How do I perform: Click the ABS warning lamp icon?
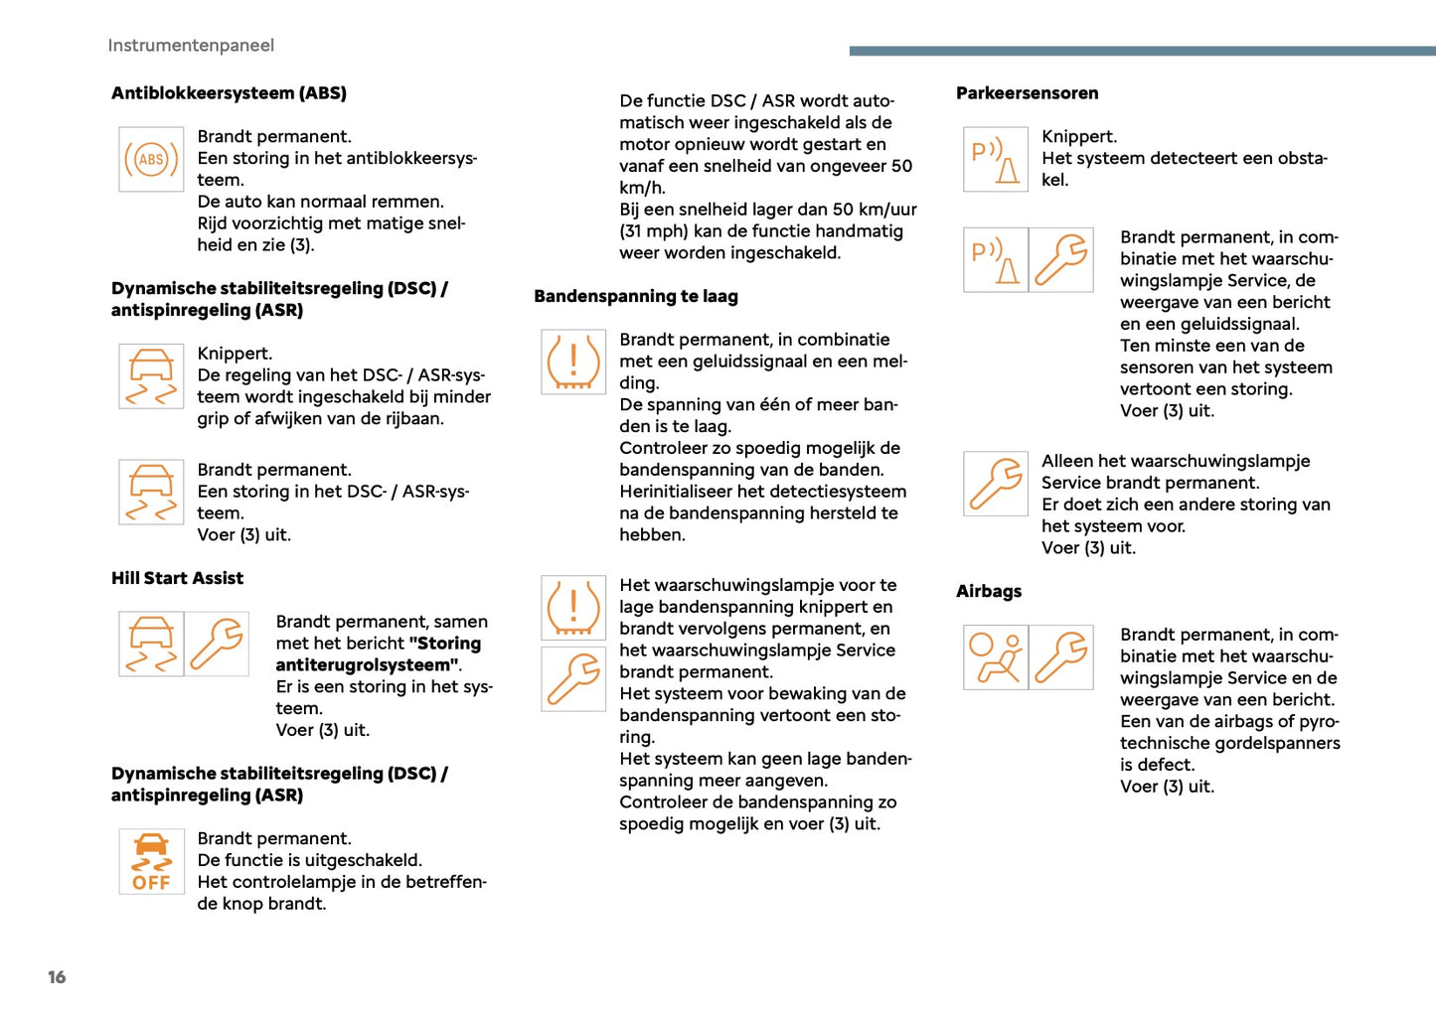point(151,159)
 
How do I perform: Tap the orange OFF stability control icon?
point(151,862)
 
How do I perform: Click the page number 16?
point(57,977)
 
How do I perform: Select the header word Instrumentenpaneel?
point(191,46)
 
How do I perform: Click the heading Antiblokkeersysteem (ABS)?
point(229,93)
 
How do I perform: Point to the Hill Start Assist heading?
point(177,578)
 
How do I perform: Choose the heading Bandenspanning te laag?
point(636,296)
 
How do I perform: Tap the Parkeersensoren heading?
point(1028,93)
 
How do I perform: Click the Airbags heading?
point(989,591)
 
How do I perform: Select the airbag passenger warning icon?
point(996,657)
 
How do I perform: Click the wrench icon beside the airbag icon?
point(1061,657)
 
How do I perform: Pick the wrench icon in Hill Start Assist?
point(217,644)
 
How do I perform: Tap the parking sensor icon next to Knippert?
point(996,159)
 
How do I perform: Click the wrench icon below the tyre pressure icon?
point(573,679)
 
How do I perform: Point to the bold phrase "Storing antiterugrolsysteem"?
point(378,654)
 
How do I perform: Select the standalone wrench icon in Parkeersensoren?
point(996,484)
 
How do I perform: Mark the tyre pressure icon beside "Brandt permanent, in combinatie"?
point(573,361)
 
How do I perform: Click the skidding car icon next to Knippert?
point(151,376)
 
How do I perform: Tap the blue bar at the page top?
point(1142,51)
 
